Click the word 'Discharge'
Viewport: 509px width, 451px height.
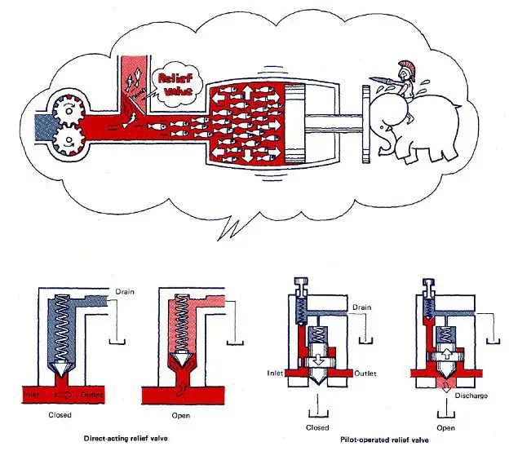pos(467,398)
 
